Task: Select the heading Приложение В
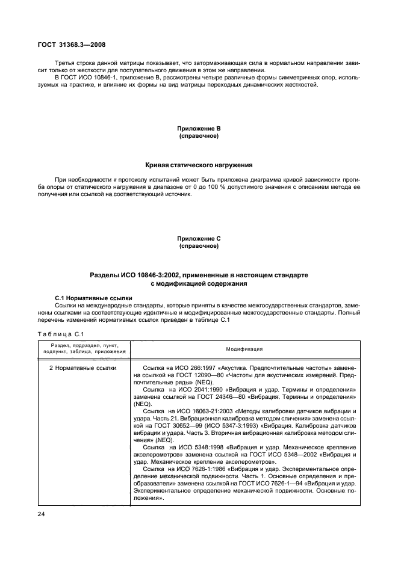(x=199, y=129)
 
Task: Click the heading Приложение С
(x=199, y=239)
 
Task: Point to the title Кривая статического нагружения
(x=199, y=165)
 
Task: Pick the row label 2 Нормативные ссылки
(x=83, y=368)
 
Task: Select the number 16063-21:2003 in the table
(x=206, y=412)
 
